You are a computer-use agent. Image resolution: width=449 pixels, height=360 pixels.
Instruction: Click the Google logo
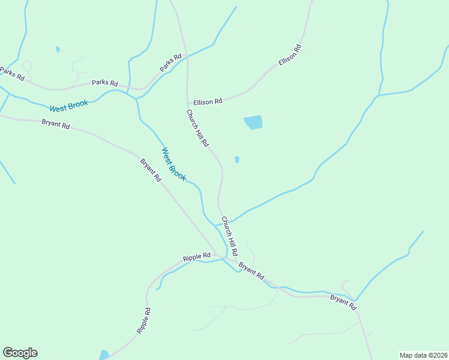[x=20, y=353]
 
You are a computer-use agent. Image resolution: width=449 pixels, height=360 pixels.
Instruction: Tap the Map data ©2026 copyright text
[x=423, y=355]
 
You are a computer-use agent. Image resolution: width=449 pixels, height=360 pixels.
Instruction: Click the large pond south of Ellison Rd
[x=253, y=122]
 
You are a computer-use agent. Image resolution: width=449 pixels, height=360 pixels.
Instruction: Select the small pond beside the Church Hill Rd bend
[x=237, y=160]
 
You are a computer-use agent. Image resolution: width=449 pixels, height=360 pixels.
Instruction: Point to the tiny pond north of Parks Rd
[x=58, y=49]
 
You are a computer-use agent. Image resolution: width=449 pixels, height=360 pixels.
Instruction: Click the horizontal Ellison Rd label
[x=208, y=102]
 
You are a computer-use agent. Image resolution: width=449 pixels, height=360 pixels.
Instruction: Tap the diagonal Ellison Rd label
[x=289, y=55]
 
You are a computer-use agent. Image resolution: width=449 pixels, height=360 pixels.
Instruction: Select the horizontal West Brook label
[x=68, y=106]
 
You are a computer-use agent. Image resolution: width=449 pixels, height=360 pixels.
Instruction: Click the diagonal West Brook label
[x=174, y=164]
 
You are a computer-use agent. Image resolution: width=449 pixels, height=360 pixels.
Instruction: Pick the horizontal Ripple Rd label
[x=197, y=257]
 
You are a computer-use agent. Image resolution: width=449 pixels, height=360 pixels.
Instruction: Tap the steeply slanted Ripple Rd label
[x=143, y=320]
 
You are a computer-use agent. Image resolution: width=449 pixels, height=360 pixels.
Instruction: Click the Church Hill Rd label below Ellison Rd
[x=197, y=128]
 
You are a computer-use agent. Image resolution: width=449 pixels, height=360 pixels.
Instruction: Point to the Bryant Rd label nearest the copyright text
[x=343, y=302]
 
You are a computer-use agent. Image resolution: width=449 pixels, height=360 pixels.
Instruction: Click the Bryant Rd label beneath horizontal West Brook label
[x=56, y=125]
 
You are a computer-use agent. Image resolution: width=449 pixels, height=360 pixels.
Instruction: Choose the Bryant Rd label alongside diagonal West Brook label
[x=151, y=170]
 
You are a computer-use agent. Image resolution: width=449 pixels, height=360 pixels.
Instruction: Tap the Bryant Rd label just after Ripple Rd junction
[x=251, y=271]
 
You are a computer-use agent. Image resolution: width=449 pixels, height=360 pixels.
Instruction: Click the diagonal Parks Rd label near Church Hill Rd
[x=170, y=64]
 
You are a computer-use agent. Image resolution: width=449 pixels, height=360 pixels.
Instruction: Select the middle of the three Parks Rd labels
[x=104, y=83]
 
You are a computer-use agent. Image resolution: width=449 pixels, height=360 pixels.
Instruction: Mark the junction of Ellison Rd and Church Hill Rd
[x=188, y=103]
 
